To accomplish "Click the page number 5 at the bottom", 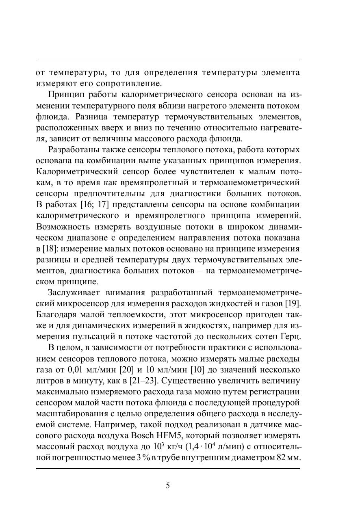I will tap(168, 486).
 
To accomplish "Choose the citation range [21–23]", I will tap(143, 381).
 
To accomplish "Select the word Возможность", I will tap(63, 226).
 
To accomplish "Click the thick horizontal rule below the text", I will tap(168, 468).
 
